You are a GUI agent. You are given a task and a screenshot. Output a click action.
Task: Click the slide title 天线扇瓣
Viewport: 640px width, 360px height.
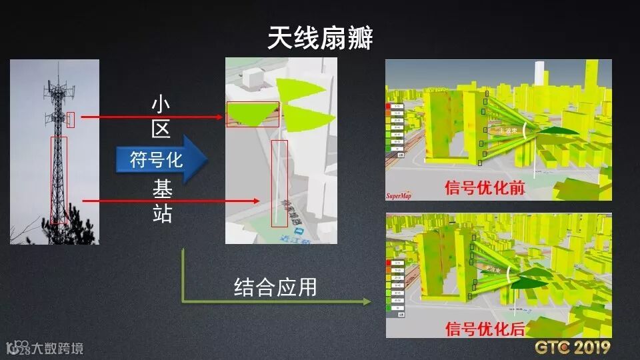(320, 38)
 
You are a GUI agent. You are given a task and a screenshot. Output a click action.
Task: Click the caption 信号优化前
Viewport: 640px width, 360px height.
(485, 189)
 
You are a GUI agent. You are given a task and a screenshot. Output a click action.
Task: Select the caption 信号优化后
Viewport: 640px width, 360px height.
(485, 328)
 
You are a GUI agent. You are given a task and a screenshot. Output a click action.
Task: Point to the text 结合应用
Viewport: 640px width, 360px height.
(275, 287)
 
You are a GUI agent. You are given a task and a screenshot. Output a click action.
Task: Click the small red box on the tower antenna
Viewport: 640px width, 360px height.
(71, 120)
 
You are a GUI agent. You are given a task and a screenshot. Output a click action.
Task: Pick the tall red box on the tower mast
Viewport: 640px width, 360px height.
(59, 180)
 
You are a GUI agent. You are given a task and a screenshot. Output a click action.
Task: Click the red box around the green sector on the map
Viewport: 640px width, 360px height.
(253, 114)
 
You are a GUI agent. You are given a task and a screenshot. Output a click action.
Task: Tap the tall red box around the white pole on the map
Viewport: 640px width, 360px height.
(279, 183)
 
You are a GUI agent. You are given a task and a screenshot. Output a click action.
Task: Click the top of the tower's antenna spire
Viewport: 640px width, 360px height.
(58, 64)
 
